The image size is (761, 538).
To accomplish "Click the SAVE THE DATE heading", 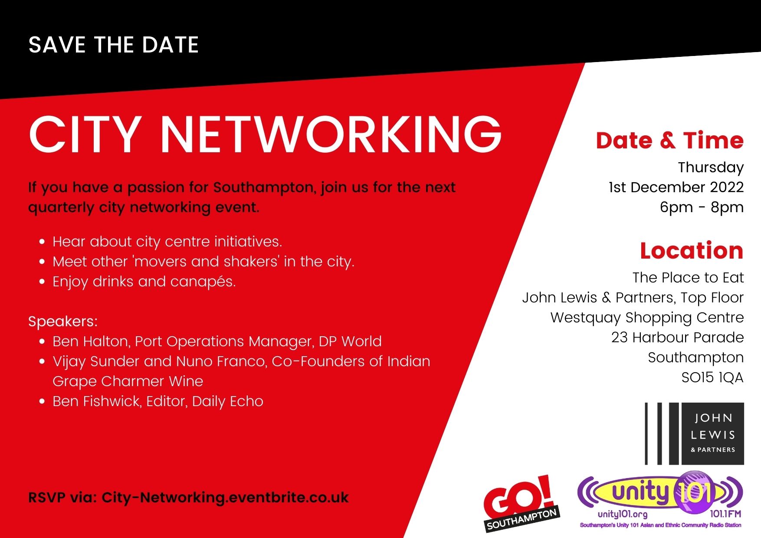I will point(114,45).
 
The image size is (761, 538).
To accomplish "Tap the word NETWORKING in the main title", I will point(331,134).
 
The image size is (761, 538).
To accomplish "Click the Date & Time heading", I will point(669,141).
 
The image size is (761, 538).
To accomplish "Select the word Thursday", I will point(711,167).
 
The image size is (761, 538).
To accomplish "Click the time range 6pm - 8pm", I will point(702,207).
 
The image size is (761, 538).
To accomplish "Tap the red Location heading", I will point(692,251).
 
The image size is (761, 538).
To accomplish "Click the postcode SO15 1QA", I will point(712,377).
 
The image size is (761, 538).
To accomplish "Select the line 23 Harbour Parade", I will point(677,338).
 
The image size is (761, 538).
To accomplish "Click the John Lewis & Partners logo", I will point(694,433).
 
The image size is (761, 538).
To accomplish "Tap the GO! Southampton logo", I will point(521,503).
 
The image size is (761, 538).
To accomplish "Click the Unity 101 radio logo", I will point(660,495).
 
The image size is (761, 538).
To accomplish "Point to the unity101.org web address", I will point(622,515).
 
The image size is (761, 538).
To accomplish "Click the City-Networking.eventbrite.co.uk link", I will point(225,497).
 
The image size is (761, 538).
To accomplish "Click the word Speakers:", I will point(63,321).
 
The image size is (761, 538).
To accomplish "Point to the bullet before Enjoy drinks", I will point(42,282).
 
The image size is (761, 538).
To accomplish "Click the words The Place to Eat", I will point(688,278).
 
